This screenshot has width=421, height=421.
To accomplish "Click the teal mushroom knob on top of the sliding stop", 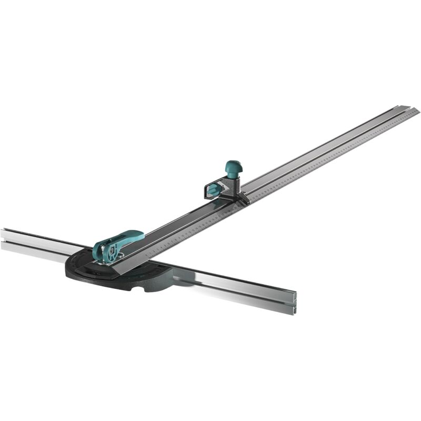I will (233, 167).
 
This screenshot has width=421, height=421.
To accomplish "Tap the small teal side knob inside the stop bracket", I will (213, 189).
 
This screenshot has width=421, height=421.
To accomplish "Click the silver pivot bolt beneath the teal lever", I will (119, 256).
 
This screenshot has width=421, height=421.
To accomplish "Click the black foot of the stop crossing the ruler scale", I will (243, 199).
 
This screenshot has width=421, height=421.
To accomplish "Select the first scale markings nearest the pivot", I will (153, 252).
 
